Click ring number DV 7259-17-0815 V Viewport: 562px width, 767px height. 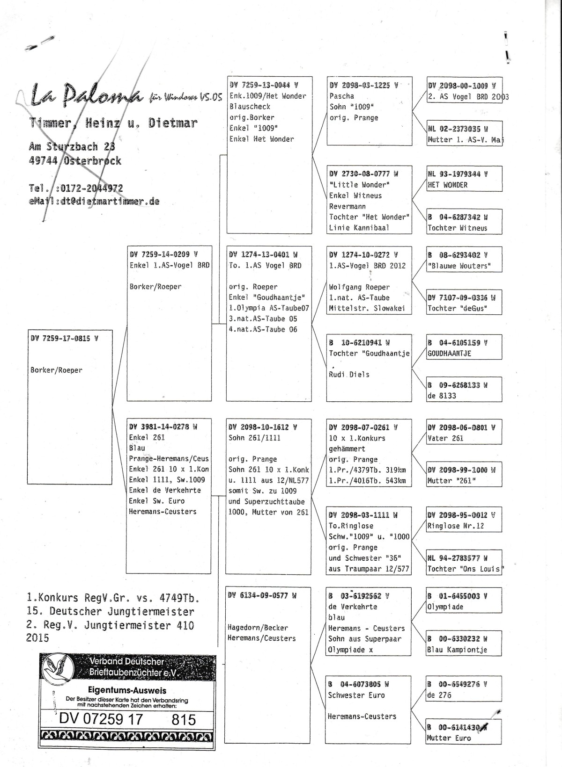(64, 338)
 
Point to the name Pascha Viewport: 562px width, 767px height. (342, 96)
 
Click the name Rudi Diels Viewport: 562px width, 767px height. (349, 375)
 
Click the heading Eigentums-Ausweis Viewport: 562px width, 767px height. (127, 690)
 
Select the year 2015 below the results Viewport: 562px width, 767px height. (37, 637)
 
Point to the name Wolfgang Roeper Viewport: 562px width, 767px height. (359, 287)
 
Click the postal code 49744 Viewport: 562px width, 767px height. (43, 160)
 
